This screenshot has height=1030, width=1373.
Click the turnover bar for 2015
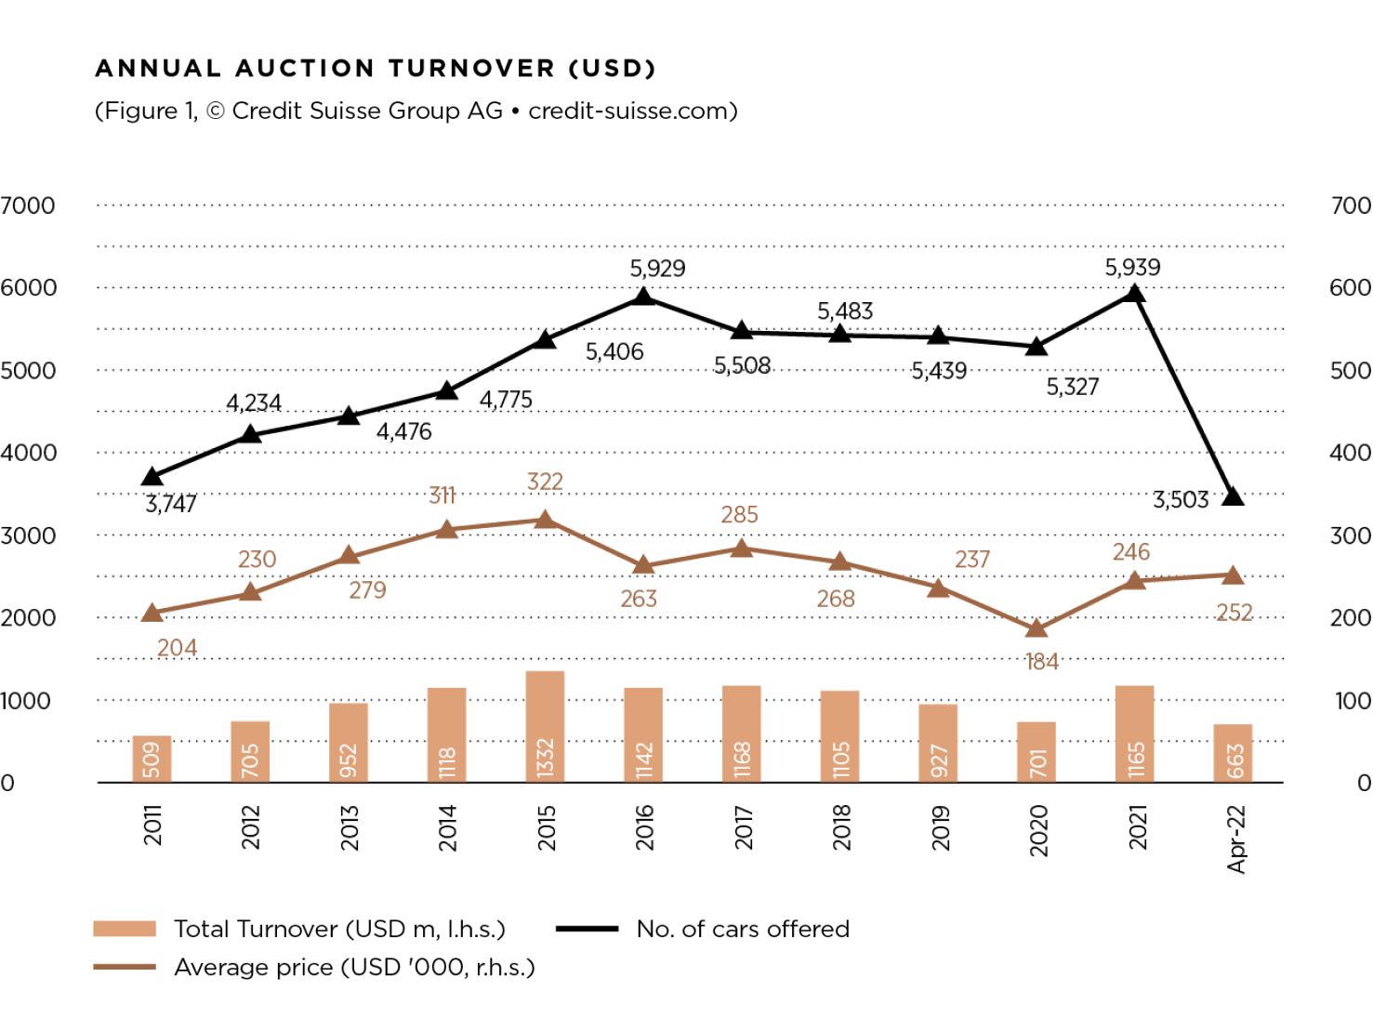point(545,726)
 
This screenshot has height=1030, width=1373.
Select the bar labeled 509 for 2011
point(152,759)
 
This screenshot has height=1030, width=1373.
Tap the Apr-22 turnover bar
point(1233,753)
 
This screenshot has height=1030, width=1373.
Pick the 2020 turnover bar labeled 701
point(1036,752)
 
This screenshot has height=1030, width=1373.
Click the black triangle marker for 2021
point(1134,294)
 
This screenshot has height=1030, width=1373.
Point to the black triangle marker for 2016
point(643,297)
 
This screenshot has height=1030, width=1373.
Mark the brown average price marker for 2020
point(1036,629)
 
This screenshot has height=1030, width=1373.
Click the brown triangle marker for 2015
point(546,520)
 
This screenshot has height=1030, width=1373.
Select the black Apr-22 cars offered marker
point(1233,496)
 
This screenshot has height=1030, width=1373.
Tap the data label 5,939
point(1132,268)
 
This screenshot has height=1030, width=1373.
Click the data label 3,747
point(171,504)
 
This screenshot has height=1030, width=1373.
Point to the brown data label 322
point(545,482)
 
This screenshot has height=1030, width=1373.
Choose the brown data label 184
point(1042,662)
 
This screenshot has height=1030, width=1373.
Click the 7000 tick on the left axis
point(28,205)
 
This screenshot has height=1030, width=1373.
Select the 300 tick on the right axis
point(1350,535)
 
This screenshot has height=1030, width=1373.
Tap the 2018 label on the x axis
point(841,827)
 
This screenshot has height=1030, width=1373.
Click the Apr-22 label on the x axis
point(1235,839)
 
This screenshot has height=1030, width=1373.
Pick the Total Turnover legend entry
point(339,929)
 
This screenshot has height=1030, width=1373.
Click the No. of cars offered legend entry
point(742,929)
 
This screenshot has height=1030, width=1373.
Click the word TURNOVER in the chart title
point(471,69)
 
